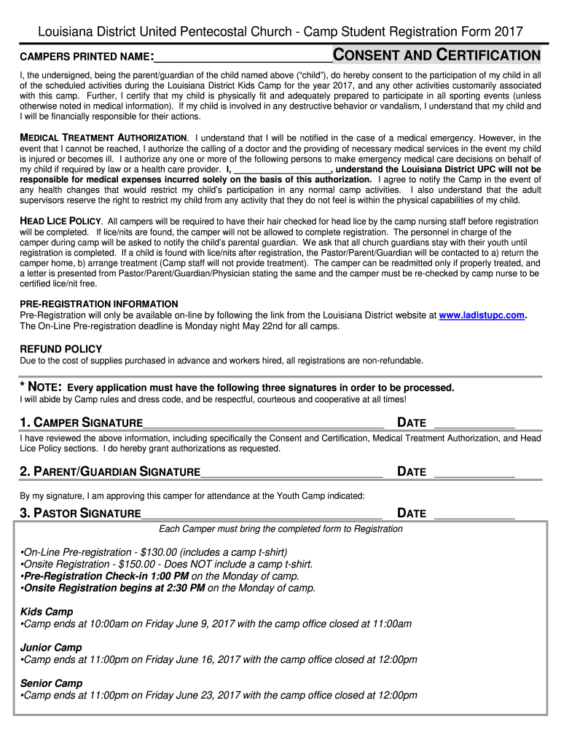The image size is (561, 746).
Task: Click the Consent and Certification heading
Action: point(436,55)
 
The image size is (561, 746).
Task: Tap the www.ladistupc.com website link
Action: point(482,315)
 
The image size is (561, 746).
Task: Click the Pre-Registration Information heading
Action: point(98,304)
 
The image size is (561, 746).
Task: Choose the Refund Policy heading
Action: point(60,349)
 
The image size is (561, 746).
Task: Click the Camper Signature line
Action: point(263,424)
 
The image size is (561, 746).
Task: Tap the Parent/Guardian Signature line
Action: point(291,473)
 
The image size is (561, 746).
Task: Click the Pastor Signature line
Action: point(262,514)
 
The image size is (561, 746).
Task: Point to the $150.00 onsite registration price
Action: point(136,564)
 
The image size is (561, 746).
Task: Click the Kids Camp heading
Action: point(47,612)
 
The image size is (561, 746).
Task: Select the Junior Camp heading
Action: point(51,648)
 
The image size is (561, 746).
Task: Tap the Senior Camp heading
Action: point(51,683)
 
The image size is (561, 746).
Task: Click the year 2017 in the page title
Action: point(508,31)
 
